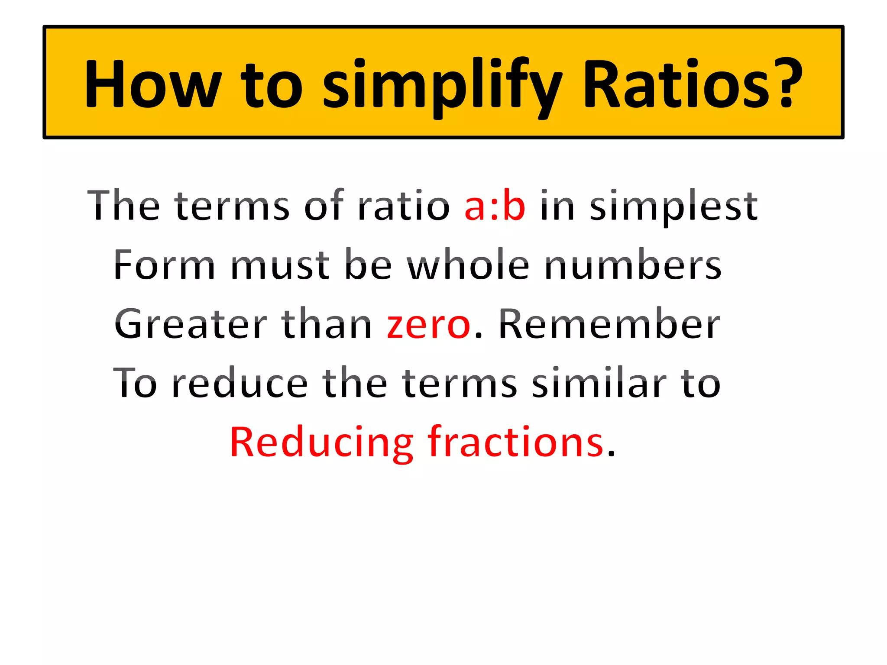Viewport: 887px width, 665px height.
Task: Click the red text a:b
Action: point(495,207)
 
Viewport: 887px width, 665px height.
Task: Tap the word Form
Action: point(164,265)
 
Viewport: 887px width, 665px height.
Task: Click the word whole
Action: point(469,265)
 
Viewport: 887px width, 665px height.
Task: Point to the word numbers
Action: point(633,265)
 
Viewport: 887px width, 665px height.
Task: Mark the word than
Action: point(327,324)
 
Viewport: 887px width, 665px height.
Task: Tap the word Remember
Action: point(609,324)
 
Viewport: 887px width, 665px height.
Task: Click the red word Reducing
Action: point(321,442)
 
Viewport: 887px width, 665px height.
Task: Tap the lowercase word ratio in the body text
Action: point(403,207)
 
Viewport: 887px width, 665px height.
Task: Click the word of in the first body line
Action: point(324,206)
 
